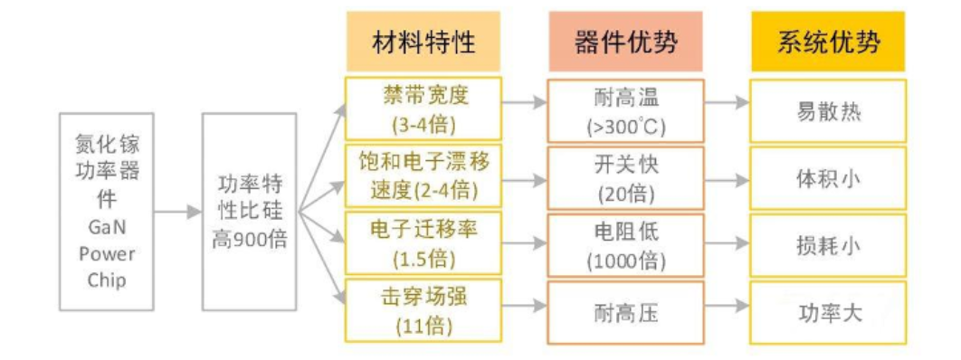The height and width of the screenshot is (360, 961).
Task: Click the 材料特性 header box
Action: pyautogui.click(x=423, y=43)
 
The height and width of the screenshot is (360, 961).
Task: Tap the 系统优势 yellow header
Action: pyautogui.click(x=828, y=43)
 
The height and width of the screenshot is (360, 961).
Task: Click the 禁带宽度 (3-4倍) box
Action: pyautogui.click(x=423, y=109)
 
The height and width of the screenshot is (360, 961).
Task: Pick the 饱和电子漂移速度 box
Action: pyautogui.click(x=423, y=177)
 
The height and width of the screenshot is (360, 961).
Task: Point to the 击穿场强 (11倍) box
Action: pyautogui.click(x=423, y=311)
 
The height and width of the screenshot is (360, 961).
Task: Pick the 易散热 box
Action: pyautogui.click(x=828, y=109)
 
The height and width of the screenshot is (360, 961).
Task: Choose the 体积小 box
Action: pyautogui.click(x=828, y=177)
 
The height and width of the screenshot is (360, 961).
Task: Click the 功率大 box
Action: pyautogui.click(x=828, y=312)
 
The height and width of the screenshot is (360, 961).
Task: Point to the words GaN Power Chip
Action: pyautogui.click(x=107, y=255)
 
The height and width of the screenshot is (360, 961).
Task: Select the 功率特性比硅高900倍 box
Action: pyautogui.click(x=249, y=212)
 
